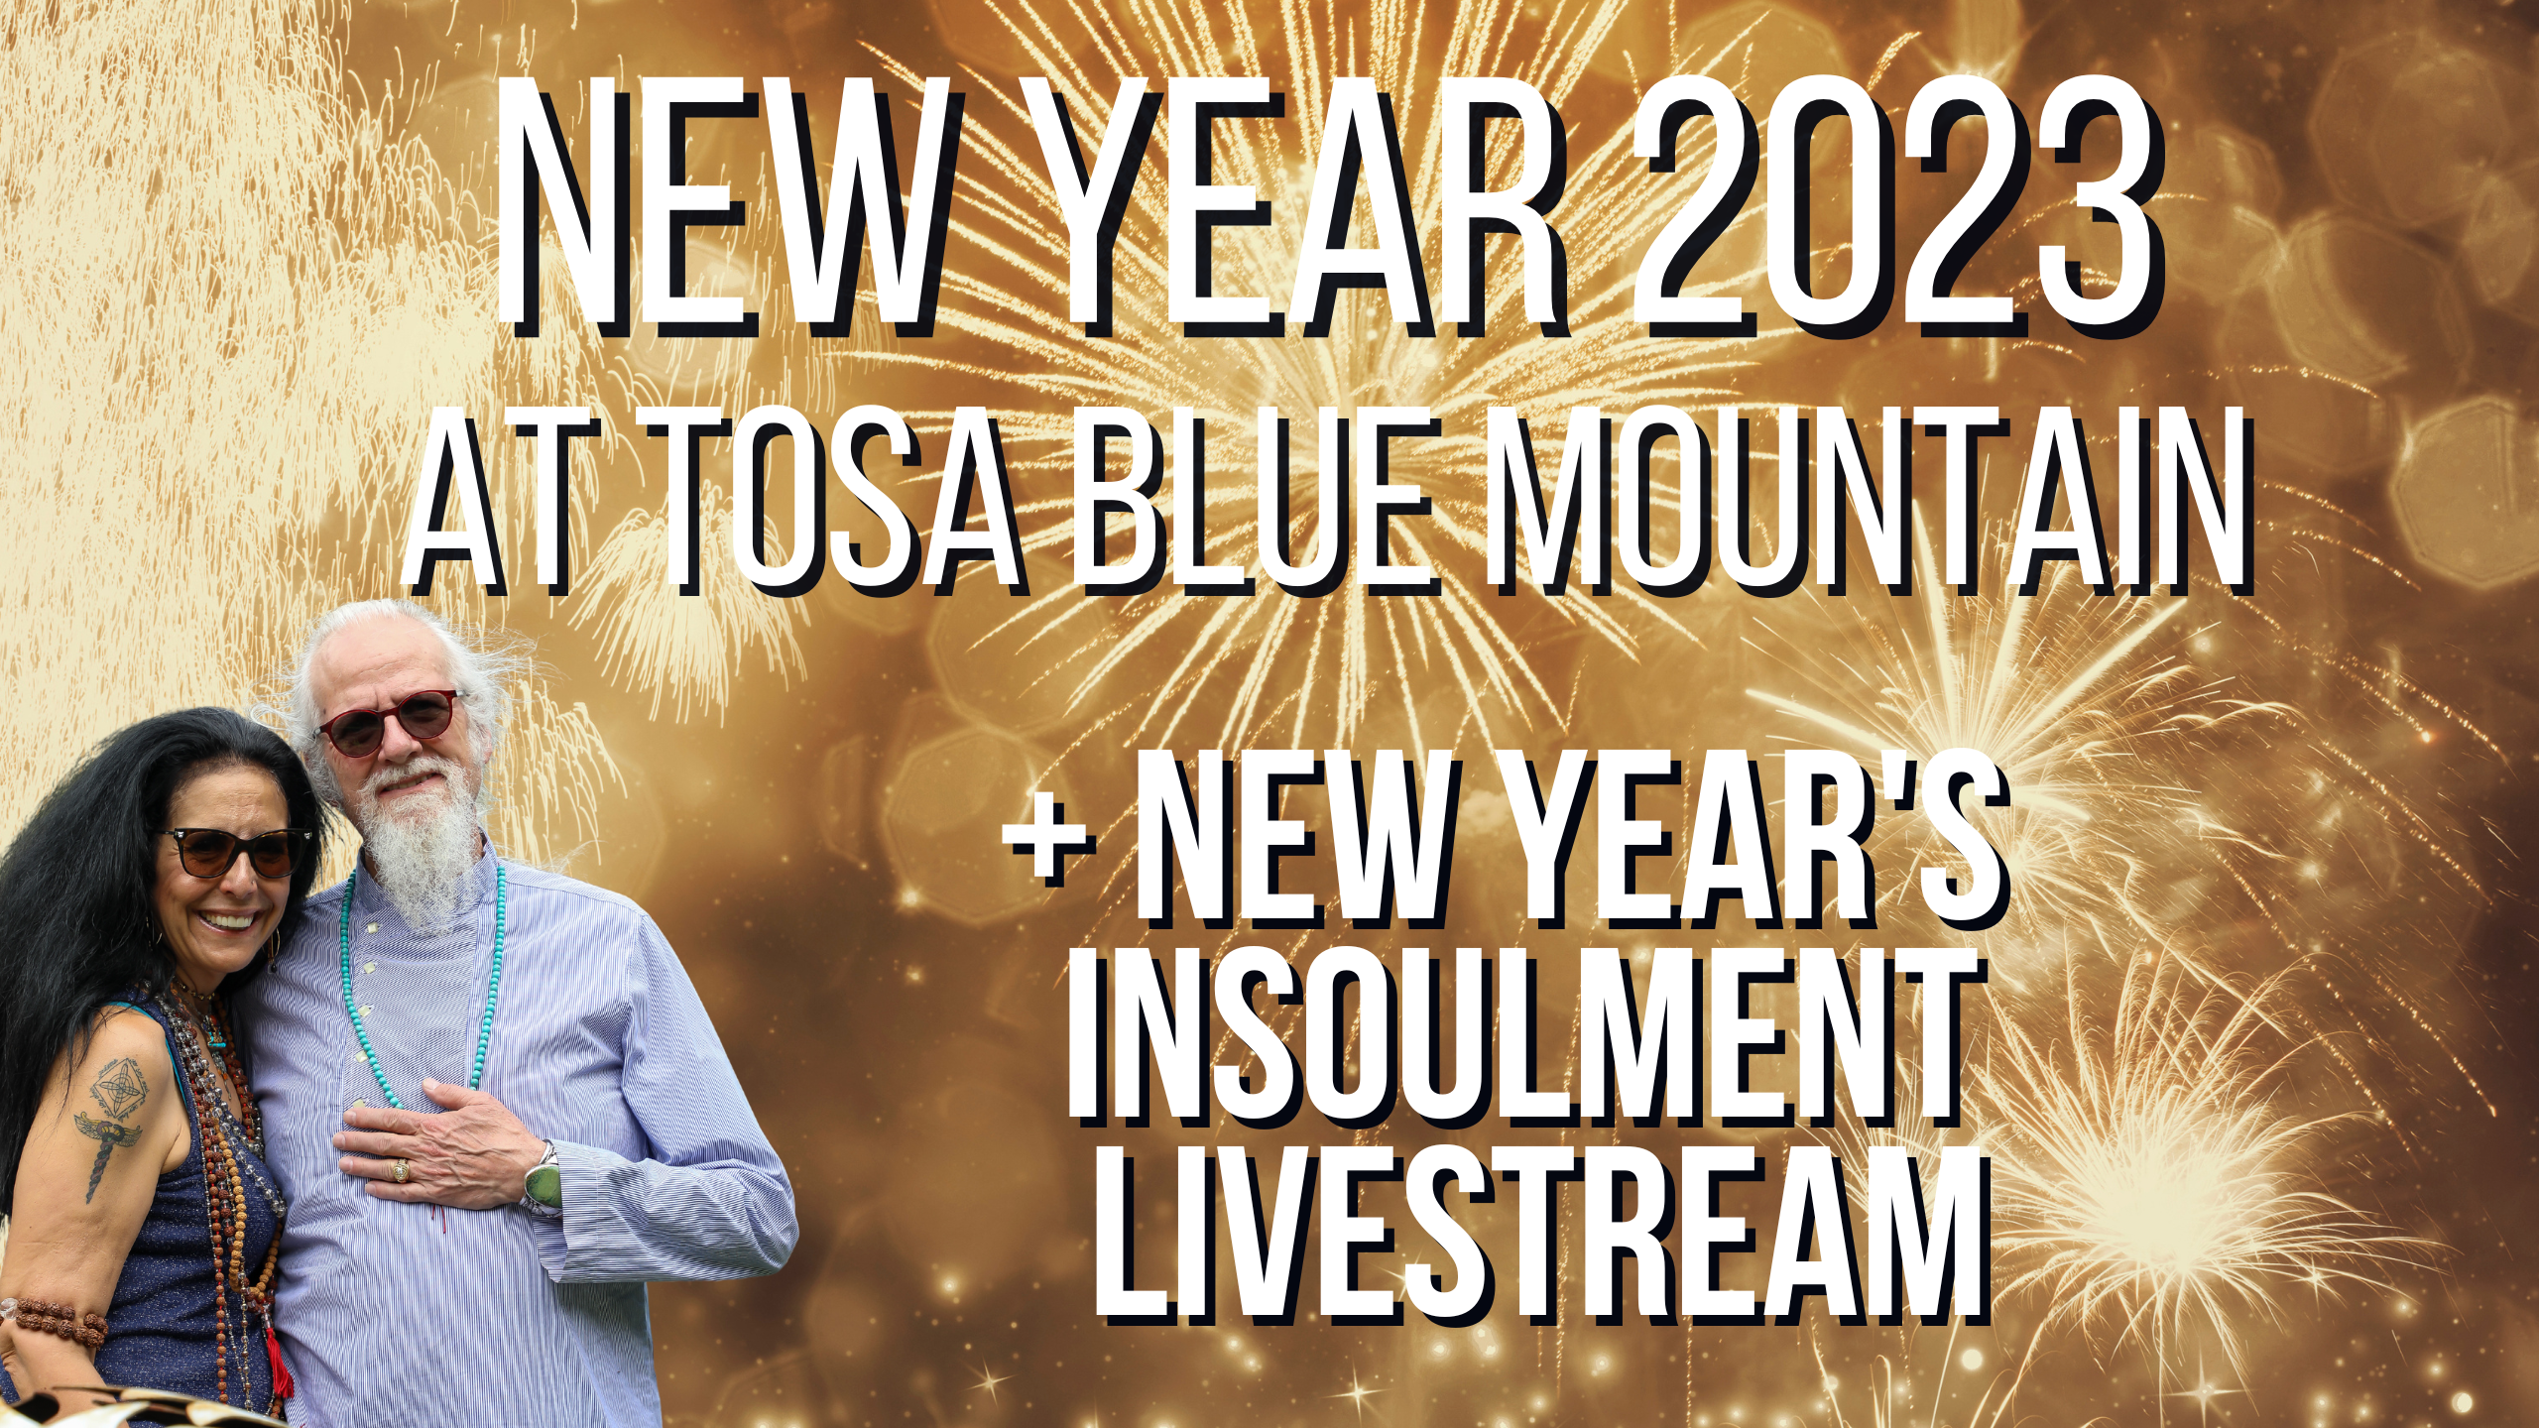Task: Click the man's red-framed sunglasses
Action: pos(391,724)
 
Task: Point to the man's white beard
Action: pos(421,843)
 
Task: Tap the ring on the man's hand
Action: pos(401,1171)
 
